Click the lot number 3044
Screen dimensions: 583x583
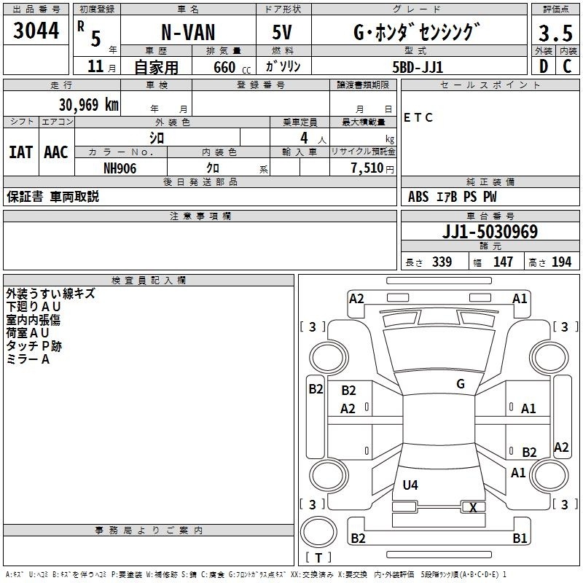pyautogui.click(x=36, y=32)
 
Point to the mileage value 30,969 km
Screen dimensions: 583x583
pyautogui.click(x=88, y=105)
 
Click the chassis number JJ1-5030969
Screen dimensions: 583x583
pyautogui.click(x=490, y=232)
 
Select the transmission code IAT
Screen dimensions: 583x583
pyautogui.click(x=20, y=152)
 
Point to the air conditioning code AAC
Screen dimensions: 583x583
pyautogui.click(x=55, y=152)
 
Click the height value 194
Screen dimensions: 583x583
pyautogui.click(x=561, y=262)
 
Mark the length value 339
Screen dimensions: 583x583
pyautogui.click(x=442, y=262)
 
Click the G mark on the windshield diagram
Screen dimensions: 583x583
pyautogui.click(x=460, y=384)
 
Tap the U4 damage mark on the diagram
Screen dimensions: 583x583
pyautogui.click(x=410, y=485)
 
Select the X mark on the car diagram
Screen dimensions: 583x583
pyautogui.click(x=473, y=508)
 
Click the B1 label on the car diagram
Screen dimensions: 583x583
pyautogui.click(x=520, y=539)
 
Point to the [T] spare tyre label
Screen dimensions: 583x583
pyautogui.click(x=318, y=558)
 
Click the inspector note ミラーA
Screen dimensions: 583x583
pyautogui.click(x=28, y=359)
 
